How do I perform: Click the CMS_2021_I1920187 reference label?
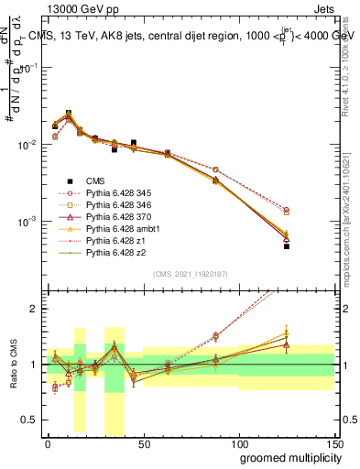(x=190, y=274)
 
